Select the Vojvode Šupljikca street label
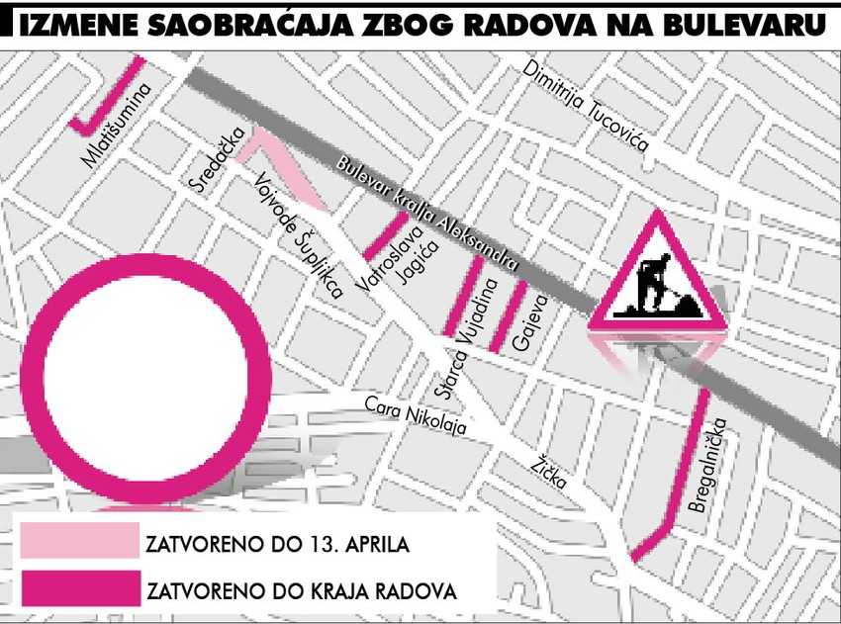pos(298,236)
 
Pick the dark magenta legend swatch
pos(78,590)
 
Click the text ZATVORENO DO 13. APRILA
pos(276,544)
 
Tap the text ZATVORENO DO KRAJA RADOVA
pos(301,591)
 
